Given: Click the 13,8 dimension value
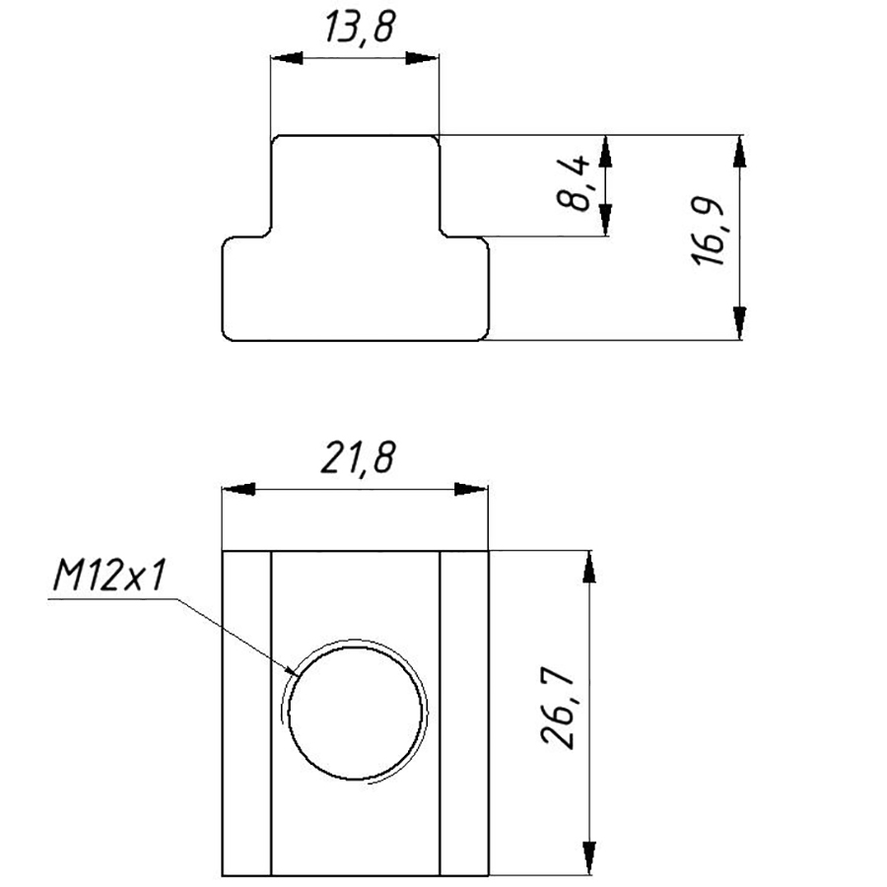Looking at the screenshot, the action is [360, 28].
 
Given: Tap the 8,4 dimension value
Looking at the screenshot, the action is [573, 184].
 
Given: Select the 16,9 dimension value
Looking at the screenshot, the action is [707, 232].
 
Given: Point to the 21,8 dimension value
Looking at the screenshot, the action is [358, 457].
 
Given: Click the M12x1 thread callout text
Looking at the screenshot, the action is [109, 576].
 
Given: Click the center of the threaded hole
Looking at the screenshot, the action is [355, 713].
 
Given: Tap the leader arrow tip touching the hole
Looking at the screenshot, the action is [300, 676].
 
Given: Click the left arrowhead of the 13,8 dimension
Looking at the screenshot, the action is [286, 58].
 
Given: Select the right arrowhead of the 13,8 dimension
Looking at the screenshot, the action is [422, 58].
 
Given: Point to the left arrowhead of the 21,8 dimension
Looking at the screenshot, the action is [239, 489].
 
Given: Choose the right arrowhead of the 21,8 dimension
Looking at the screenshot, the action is [471, 489].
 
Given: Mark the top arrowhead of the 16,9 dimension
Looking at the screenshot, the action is [739, 152].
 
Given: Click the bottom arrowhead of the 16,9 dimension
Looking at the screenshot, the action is [739, 323].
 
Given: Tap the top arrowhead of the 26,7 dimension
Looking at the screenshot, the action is [589, 567].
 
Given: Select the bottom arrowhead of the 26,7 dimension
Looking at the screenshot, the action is [589, 859].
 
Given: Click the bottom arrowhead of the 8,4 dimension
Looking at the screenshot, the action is [605, 220].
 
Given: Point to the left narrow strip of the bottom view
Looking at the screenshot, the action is [246, 714].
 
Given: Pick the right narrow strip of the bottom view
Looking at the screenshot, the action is [464, 714].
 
